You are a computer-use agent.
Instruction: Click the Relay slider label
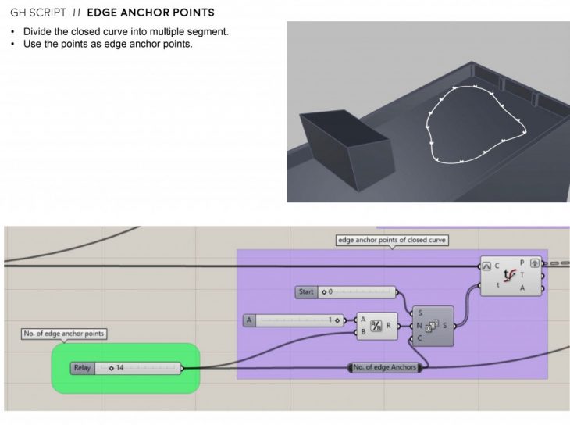tap(82, 367)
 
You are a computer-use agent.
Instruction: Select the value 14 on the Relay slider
tap(120, 367)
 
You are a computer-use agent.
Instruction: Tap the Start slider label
tap(307, 292)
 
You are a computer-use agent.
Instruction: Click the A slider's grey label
tap(250, 320)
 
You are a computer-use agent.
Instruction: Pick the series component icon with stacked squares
tap(432, 325)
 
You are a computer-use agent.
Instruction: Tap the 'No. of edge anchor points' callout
tap(63, 334)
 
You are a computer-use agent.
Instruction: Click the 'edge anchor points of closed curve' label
tap(391, 240)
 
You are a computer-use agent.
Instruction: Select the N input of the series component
tap(420, 325)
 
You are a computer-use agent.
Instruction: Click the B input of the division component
tap(363, 333)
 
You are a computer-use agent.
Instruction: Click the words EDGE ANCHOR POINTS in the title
tap(151, 14)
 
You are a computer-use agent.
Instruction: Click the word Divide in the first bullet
tap(34, 31)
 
